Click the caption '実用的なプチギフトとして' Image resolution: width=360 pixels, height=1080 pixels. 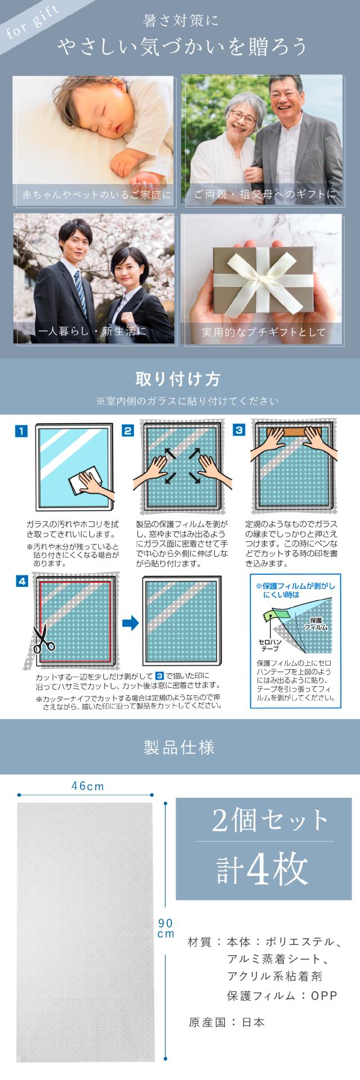coord(263,332)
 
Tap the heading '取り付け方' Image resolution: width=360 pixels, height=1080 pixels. coord(179,379)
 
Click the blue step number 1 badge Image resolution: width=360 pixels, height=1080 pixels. coord(21,431)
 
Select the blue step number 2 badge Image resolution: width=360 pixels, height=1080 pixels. coord(128,431)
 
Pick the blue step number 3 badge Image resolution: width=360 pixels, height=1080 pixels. coord(239,431)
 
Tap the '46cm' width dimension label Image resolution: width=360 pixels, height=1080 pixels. coord(88,786)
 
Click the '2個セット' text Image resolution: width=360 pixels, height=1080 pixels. coord(269,821)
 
